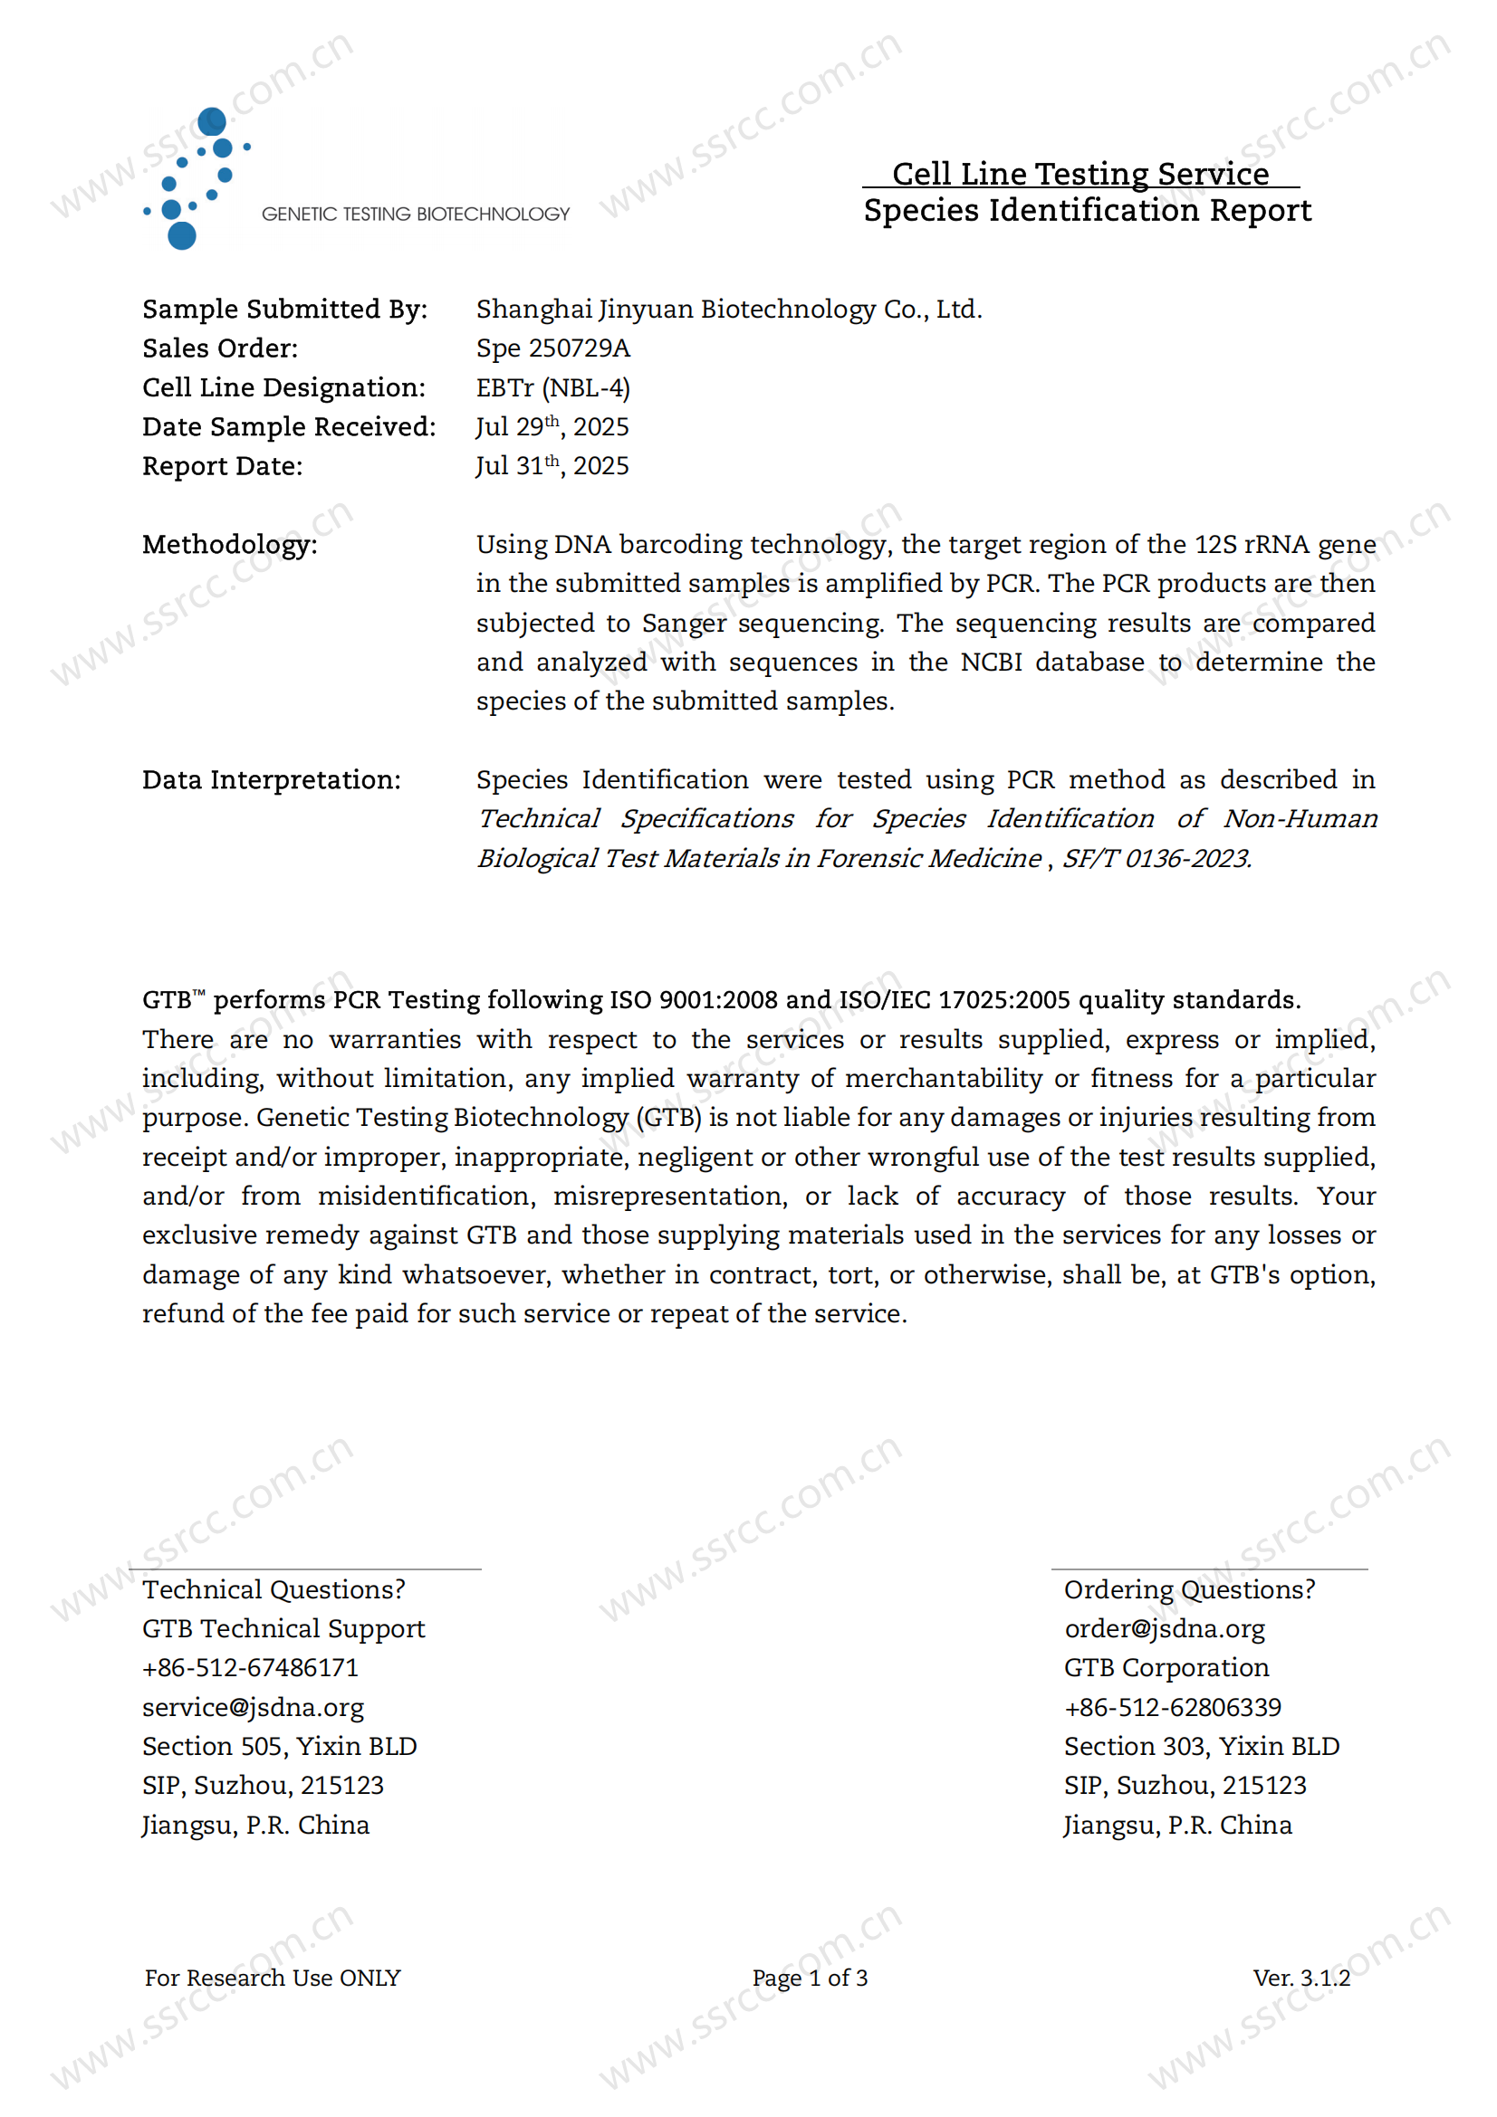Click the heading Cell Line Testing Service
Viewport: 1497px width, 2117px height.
[1080, 174]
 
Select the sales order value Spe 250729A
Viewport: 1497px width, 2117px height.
[552, 348]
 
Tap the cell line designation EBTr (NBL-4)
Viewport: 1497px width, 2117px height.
[552, 388]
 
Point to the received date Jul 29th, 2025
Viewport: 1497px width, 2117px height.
[552, 427]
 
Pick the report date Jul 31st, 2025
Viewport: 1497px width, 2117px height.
[552, 466]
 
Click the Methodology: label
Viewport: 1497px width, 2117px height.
[230, 545]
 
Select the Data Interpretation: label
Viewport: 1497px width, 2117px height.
[271, 780]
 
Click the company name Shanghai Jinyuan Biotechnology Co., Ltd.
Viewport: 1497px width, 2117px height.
[729, 310]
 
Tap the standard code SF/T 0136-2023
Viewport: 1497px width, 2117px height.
[1156, 858]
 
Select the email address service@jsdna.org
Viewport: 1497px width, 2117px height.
[253, 1708]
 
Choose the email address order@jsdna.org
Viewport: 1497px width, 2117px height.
[1164, 1629]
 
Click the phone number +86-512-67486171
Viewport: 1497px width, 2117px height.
[250, 1668]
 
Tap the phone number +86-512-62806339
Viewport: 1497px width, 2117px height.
[1172, 1708]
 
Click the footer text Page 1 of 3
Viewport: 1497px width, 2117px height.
[809, 1978]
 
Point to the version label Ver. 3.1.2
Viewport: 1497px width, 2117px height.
[1300, 1978]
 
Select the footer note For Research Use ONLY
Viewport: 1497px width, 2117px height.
[272, 1978]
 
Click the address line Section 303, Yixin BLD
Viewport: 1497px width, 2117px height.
[1201, 1746]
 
